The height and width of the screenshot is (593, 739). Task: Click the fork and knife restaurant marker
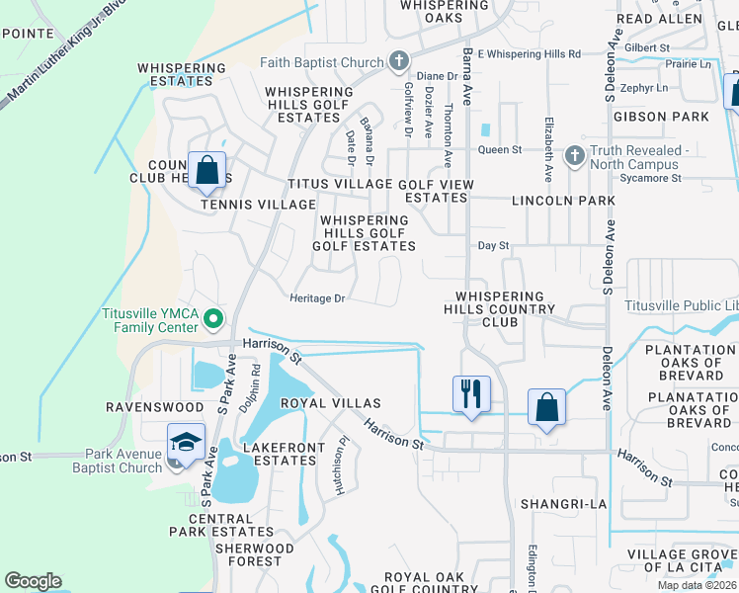[x=471, y=394]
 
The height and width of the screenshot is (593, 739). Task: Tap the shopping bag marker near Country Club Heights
[x=207, y=171]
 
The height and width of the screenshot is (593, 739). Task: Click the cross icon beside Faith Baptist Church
[x=399, y=62]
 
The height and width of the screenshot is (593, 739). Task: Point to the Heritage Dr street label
[x=317, y=297]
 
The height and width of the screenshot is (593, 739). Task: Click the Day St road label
[x=492, y=245]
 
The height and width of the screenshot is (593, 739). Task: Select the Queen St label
[x=499, y=149]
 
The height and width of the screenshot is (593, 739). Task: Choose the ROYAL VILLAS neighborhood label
[x=331, y=403]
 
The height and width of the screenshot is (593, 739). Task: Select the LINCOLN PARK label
[x=563, y=201]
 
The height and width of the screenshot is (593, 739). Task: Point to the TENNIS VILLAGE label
[x=244, y=205]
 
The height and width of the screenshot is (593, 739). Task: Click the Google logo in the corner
[x=33, y=581]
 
